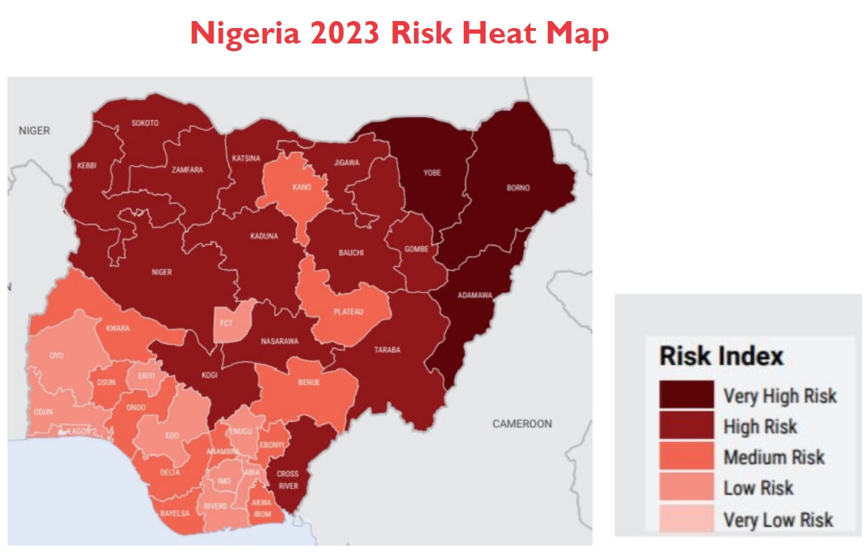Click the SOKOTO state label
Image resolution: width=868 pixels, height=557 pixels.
(145, 123)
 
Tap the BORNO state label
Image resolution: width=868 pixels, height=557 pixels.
(518, 188)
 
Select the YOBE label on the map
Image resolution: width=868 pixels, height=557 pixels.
(432, 173)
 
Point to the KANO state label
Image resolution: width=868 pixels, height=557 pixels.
(302, 187)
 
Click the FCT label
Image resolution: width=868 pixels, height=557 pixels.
(226, 323)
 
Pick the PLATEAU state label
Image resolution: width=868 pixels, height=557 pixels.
(348, 311)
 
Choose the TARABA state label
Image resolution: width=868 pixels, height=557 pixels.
(387, 349)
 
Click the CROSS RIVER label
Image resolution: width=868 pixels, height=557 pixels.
(287, 478)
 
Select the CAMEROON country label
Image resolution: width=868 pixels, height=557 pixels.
(522, 424)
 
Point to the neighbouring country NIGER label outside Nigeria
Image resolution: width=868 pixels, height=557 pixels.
(34, 130)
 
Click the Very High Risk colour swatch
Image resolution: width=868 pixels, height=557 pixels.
(686, 395)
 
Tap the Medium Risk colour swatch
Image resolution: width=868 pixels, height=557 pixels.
(686, 457)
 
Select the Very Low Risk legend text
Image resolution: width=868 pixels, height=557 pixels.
(778, 520)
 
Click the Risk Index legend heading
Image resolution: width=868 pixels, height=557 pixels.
(721, 356)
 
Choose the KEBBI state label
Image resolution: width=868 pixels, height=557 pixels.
(87, 166)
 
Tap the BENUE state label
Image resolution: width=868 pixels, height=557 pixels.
(309, 382)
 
